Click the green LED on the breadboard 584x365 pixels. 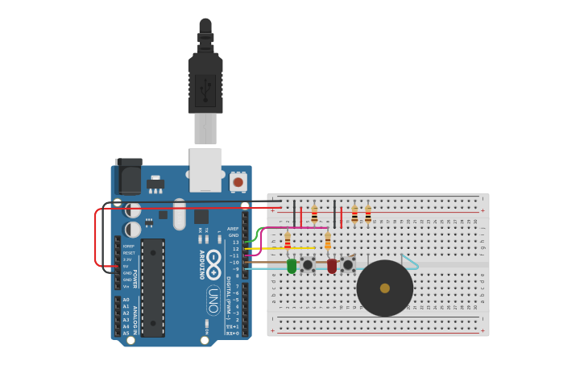point(292,265)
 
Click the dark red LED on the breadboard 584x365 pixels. point(332,265)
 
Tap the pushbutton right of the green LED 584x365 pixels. point(308,264)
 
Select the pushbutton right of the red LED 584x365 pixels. point(348,264)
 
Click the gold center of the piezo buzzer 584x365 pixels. point(385,288)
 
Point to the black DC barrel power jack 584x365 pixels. point(128,176)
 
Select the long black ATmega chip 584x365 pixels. point(153,287)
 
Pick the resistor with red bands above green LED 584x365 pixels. point(288,241)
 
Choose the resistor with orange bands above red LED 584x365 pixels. point(328,241)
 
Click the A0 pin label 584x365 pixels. point(126,300)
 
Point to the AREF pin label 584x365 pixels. point(233,228)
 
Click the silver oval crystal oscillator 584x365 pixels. point(179,214)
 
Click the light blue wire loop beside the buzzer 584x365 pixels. point(410,262)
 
